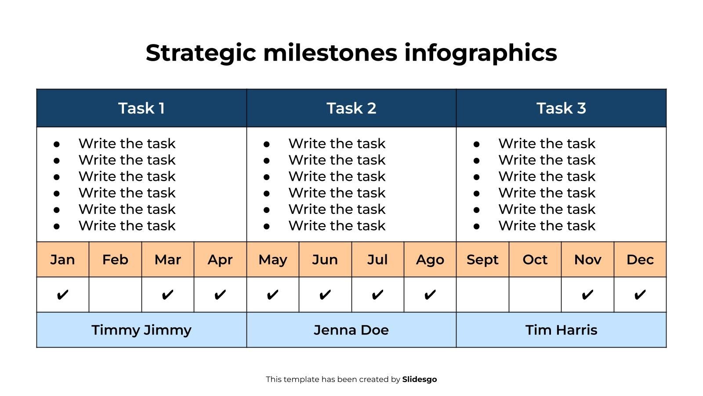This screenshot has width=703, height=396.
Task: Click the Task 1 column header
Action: [x=141, y=108]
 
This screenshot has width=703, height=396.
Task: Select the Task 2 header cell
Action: [x=351, y=108]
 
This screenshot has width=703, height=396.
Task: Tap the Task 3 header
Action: [x=561, y=108]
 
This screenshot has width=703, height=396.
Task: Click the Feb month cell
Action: [x=115, y=260]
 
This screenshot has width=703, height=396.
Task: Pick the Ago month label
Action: [x=430, y=260]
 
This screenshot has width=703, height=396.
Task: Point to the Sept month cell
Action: [x=482, y=260]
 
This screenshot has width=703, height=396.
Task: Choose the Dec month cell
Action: [x=640, y=260]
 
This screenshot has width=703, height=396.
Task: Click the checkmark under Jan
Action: [x=62, y=295]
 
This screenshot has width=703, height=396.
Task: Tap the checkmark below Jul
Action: [x=377, y=295]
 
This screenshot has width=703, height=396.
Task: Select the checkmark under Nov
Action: [x=587, y=295]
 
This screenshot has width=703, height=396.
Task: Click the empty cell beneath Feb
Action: [x=115, y=295]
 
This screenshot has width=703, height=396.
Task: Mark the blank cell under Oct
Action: [x=535, y=295]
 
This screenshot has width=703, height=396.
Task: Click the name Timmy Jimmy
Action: [x=141, y=330]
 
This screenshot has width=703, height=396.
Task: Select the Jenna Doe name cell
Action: [x=351, y=330]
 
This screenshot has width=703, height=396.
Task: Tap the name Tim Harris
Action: [x=561, y=330]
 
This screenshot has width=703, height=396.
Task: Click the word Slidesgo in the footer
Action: [x=419, y=379]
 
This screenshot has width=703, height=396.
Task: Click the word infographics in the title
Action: [x=481, y=53]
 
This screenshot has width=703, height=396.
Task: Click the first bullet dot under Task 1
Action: [x=57, y=144]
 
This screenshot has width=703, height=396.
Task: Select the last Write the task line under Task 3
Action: [x=547, y=226]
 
